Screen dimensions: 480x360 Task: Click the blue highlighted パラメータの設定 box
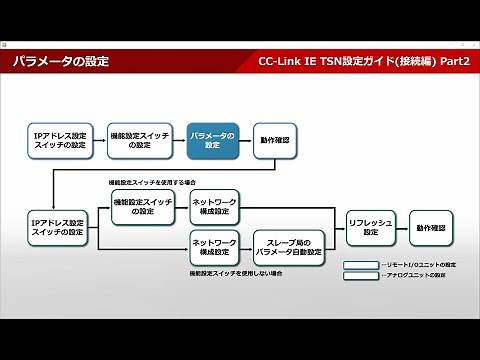212,140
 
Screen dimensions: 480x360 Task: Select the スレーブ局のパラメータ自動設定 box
287,246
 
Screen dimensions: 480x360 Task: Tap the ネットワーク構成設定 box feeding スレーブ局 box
214,246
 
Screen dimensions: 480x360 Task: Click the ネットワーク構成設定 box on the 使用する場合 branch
214,206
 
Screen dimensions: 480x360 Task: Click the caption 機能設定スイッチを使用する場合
153,184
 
